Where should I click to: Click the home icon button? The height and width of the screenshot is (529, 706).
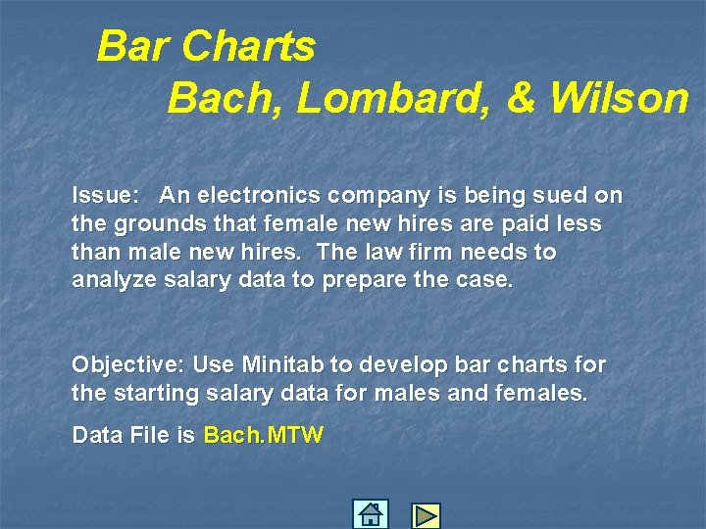coord(370,514)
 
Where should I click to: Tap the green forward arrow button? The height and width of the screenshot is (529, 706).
coord(426,515)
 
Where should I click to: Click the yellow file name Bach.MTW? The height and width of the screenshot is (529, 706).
coord(263,435)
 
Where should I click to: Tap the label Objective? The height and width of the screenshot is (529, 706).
coord(127,365)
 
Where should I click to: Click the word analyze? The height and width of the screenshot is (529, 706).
coord(111,280)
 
